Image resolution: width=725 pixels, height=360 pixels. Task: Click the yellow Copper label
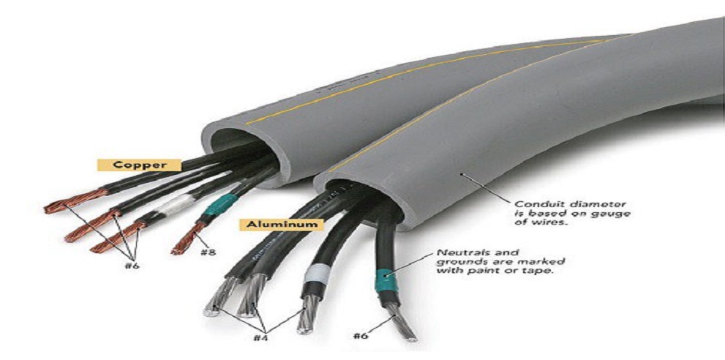(x=139, y=165)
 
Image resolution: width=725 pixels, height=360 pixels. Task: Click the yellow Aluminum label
(x=281, y=225)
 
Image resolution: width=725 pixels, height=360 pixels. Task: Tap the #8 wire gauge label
(x=208, y=252)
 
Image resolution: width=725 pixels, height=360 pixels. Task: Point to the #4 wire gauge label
(x=260, y=337)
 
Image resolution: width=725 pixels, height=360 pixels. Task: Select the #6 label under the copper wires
(x=132, y=266)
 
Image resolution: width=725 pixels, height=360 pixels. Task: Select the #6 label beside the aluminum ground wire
(x=360, y=335)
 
